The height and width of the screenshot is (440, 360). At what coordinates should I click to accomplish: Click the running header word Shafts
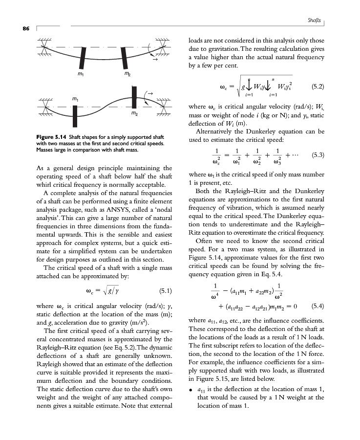314,21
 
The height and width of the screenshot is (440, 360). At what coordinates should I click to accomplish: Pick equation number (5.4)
318,307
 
